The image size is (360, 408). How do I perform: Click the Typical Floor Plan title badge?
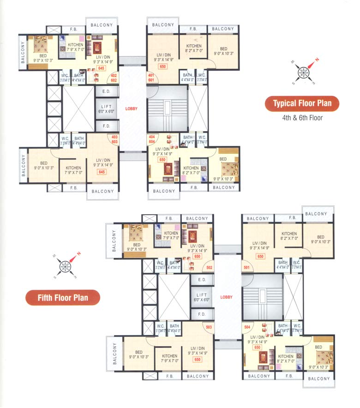(x=302, y=103)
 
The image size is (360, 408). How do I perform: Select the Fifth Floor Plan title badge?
(x=63, y=298)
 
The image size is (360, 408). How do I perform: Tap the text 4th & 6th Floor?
(x=302, y=118)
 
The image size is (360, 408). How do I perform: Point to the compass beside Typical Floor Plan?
(x=304, y=72)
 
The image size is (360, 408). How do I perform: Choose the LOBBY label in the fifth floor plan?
(x=227, y=298)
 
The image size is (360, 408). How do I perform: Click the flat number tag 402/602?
(x=113, y=78)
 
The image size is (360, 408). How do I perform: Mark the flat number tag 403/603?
(x=114, y=139)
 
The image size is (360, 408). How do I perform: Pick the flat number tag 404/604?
(x=151, y=139)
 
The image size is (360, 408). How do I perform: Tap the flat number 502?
(x=209, y=267)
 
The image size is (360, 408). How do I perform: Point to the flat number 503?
(x=209, y=327)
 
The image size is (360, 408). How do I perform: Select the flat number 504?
(x=247, y=327)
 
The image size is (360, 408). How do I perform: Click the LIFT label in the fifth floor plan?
(x=202, y=297)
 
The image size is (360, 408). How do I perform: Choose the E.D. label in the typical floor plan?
(x=106, y=91)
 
